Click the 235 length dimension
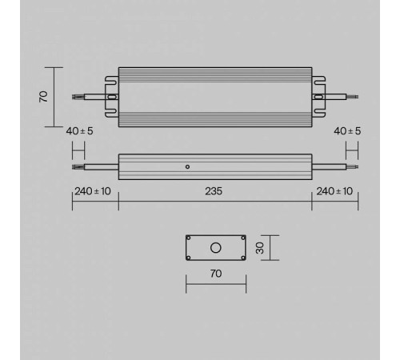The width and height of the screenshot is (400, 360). (214, 191)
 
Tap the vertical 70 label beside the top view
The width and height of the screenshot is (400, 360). (44, 96)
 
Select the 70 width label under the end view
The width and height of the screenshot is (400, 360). (215, 274)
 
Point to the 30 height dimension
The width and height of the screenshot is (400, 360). (258, 247)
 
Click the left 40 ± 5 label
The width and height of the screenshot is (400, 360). (80, 130)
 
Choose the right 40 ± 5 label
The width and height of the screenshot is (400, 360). (347, 130)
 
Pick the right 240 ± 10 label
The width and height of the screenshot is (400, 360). (334, 191)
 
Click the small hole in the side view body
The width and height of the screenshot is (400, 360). (186, 167)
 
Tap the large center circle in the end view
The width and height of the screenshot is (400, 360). (215, 247)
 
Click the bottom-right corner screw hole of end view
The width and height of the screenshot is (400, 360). (242, 257)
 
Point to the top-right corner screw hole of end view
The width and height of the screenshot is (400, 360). (242, 238)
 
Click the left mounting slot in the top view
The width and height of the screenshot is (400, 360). (112, 97)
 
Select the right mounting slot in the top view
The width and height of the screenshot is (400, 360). (318, 97)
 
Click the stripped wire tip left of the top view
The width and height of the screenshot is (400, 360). (77, 97)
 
